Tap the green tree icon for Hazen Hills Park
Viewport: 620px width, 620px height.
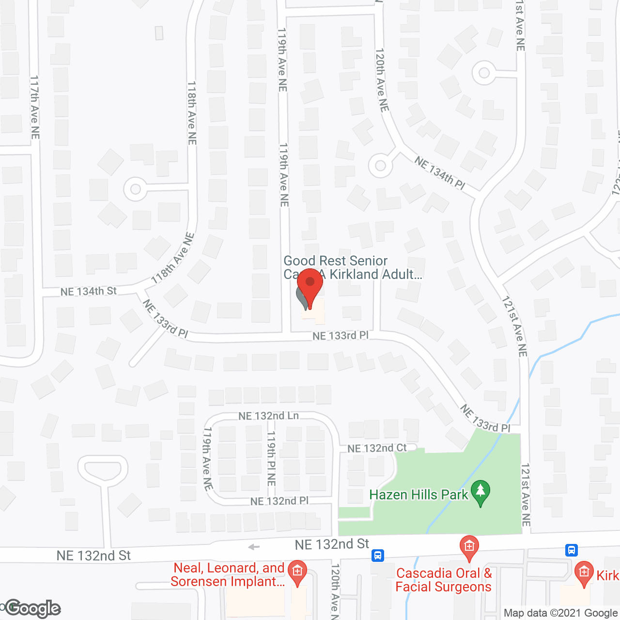[480, 492]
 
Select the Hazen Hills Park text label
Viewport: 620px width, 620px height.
[418, 495]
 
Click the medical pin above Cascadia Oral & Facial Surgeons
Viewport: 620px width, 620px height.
[469, 547]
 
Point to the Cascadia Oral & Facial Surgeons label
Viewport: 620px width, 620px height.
[444, 580]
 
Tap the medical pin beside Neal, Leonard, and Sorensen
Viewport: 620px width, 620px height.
[297, 572]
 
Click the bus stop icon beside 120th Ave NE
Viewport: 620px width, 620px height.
[378, 555]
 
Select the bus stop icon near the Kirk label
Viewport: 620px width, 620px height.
[572, 550]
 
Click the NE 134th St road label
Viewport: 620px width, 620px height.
[89, 291]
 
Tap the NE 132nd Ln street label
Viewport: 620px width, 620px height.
[268, 416]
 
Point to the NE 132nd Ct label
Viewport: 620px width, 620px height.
[377, 448]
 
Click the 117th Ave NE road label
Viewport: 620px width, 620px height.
[34, 107]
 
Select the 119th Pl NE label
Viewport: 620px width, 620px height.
[271, 458]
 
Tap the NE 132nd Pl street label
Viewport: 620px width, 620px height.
[279, 501]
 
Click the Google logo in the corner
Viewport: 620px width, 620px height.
[33, 608]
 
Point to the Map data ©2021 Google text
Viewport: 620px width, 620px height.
[560, 613]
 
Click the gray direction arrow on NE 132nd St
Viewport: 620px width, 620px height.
[254, 547]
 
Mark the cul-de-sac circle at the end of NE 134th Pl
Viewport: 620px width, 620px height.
[380, 166]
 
